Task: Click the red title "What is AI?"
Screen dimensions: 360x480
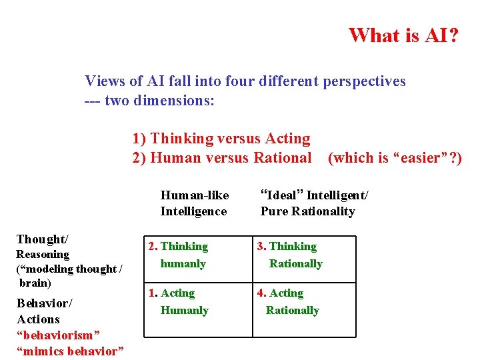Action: (x=403, y=35)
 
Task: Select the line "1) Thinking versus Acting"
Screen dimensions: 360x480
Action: (x=221, y=139)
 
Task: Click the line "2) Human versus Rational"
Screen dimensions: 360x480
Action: (x=221, y=158)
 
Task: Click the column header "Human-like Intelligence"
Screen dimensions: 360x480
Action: (x=194, y=203)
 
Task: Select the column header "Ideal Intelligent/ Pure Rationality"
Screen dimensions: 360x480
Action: (x=313, y=203)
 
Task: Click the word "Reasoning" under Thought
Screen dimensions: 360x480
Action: (x=43, y=254)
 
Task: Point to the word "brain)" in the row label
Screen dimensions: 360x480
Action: (x=35, y=283)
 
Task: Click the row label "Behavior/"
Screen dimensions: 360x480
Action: (x=45, y=303)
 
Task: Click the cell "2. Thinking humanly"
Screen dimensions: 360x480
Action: (x=179, y=255)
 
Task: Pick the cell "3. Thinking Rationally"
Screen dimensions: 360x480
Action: (x=289, y=255)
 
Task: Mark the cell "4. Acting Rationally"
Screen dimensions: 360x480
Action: (x=288, y=301)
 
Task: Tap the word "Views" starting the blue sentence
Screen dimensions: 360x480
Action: (x=104, y=81)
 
